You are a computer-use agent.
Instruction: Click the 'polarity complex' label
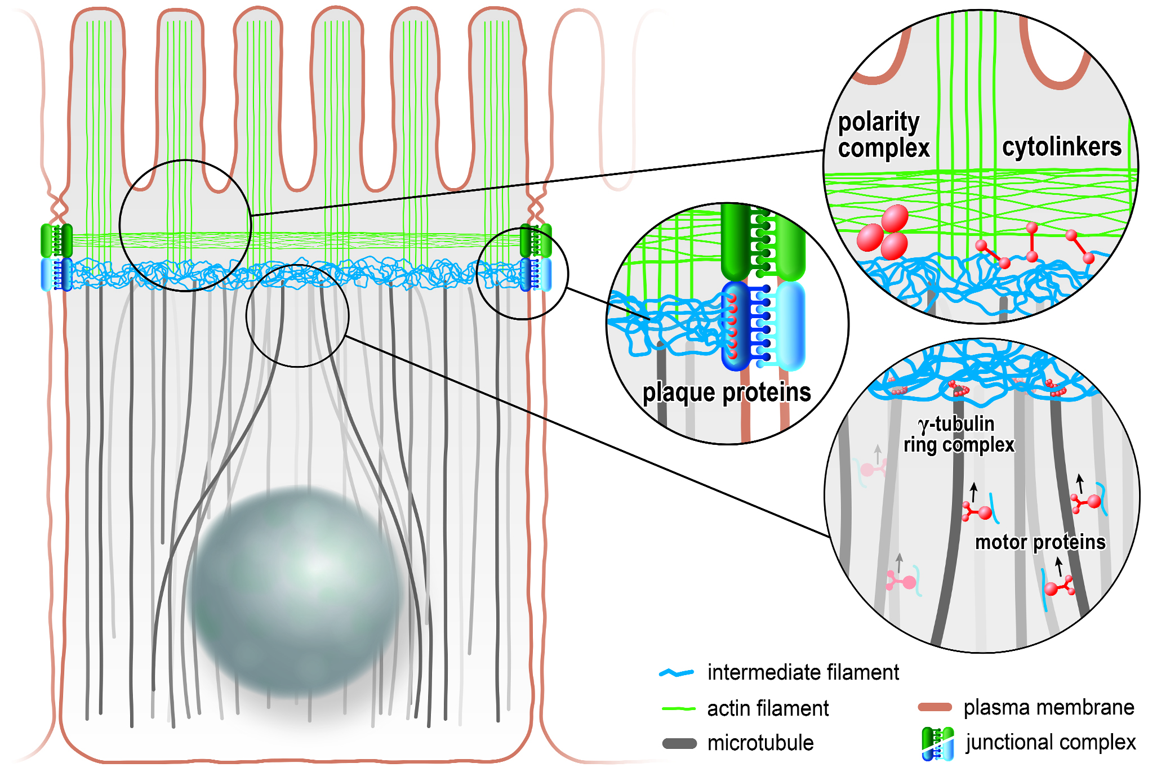click(x=883, y=136)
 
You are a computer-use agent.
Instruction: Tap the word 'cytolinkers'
click(x=1061, y=147)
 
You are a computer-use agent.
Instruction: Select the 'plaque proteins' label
click(x=726, y=392)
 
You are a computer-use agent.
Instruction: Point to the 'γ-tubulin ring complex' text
click(x=958, y=434)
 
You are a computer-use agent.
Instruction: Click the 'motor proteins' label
click(x=1040, y=542)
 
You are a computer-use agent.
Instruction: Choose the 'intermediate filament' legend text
click(x=803, y=672)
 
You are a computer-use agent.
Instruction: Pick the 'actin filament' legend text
click(x=767, y=708)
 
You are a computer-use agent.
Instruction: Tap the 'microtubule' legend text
click(x=760, y=743)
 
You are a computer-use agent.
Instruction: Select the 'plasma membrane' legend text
click(x=1048, y=707)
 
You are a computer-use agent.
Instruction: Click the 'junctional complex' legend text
click(x=1051, y=742)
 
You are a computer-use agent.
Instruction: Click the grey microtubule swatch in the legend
click(x=679, y=744)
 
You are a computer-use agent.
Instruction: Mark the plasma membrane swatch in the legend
click(x=934, y=707)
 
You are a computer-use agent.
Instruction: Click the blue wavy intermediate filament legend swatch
click(x=677, y=673)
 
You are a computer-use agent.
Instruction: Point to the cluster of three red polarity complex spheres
click(x=883, y=233)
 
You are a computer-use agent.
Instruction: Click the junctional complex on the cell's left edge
click(x=56, y=257)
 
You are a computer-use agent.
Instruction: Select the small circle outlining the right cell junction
click(x=522, y=274)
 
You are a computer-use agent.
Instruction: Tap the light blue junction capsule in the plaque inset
click(x=790, y=325)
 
